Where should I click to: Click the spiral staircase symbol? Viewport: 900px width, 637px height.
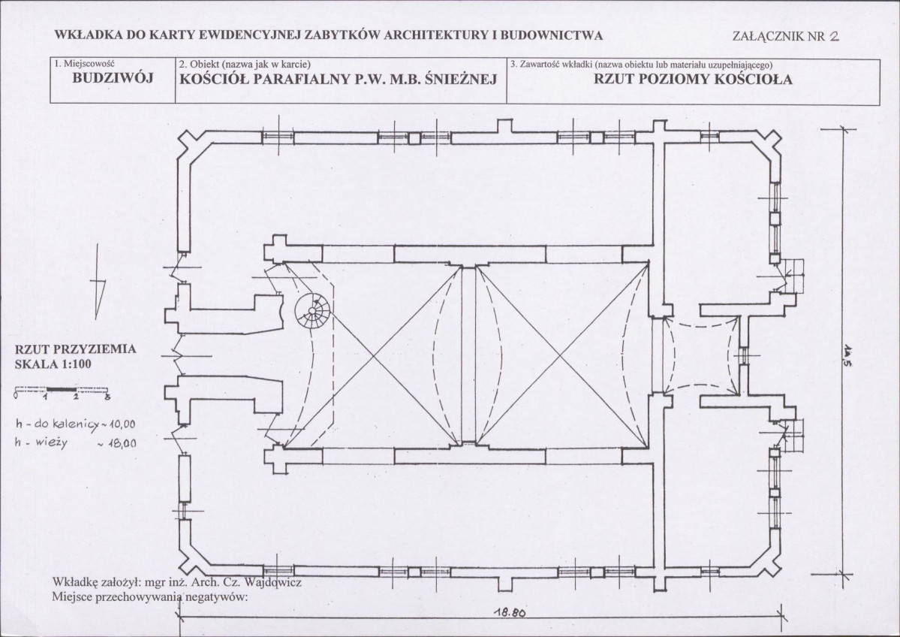312,312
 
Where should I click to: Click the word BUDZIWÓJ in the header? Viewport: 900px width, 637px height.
113,79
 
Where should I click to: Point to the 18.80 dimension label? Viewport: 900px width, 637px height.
510,612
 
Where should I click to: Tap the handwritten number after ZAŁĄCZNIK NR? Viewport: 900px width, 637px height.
833,35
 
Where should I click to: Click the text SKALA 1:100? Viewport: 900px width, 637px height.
53,364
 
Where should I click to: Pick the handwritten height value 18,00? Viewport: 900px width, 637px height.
121,443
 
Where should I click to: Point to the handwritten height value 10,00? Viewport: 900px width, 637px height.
121,424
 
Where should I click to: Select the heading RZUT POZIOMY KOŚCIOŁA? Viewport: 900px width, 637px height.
693,80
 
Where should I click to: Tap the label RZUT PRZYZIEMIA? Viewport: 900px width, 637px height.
76,349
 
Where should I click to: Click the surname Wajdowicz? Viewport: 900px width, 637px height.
272,582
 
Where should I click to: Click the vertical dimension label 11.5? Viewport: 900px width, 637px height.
847,356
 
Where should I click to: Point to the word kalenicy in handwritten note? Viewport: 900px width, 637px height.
75,425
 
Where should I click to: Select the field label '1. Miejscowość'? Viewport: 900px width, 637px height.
84,63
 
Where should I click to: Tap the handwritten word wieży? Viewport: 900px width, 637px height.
51,443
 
